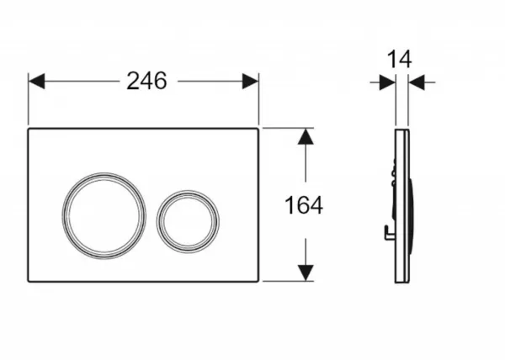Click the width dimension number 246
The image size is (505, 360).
tap(146, 81)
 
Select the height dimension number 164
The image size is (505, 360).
tap(304, 205)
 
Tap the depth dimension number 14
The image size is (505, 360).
tap(399, 60)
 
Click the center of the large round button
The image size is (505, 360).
tap(104, 215)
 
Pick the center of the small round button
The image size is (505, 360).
tap(188, 222)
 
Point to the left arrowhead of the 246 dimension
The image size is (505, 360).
tap(36, 81)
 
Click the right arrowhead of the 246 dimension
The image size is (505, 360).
tap(250, 81)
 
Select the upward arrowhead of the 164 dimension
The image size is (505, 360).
tap(306, 136)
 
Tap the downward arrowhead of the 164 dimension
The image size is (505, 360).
tap(306, 273)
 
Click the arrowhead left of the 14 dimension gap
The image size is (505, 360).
tap(387, 82)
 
